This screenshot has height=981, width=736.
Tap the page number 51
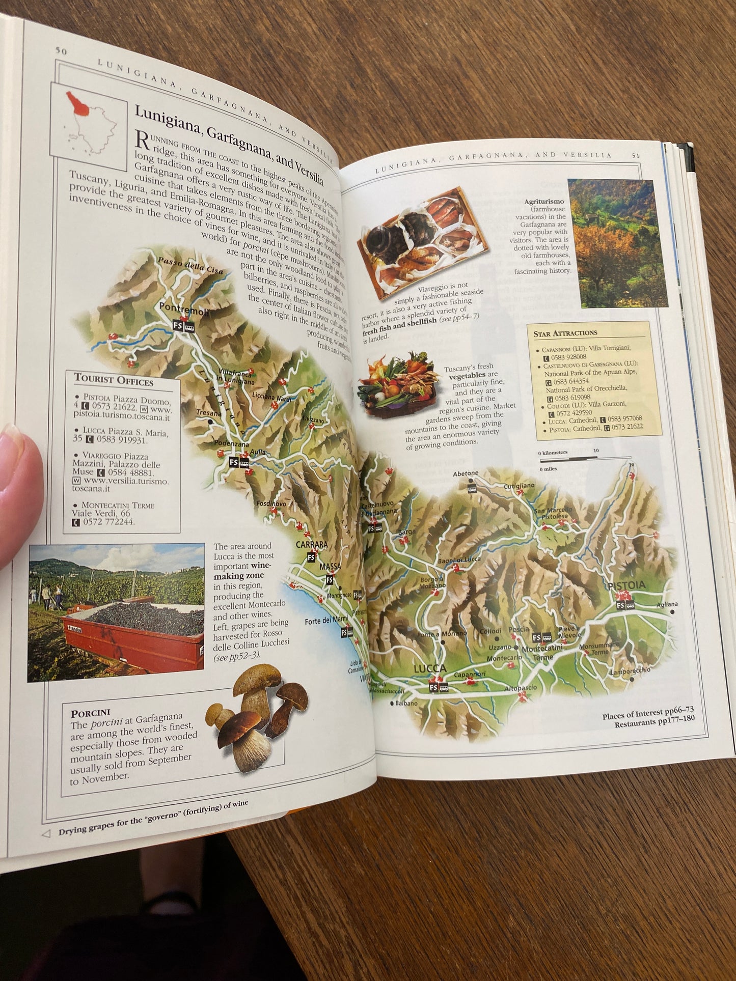tap(636, 156)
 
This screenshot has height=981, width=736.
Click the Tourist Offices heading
tap(114, 380)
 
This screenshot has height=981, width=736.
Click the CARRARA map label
tap(312, 545)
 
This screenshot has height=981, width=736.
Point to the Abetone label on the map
tap(466, 473)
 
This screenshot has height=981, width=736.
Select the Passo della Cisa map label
tap(189, 266)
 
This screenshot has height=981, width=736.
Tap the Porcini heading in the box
tap(91, 713)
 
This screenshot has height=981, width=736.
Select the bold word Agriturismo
tap(544, 202)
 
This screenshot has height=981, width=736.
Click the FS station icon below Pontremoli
tap(178, 326)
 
